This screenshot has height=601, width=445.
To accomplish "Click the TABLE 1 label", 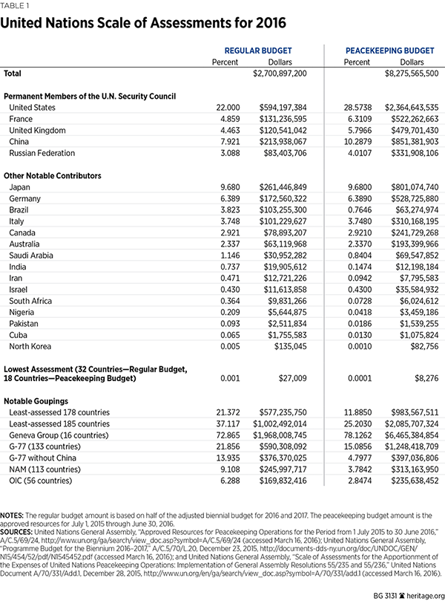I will point(16,4).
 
